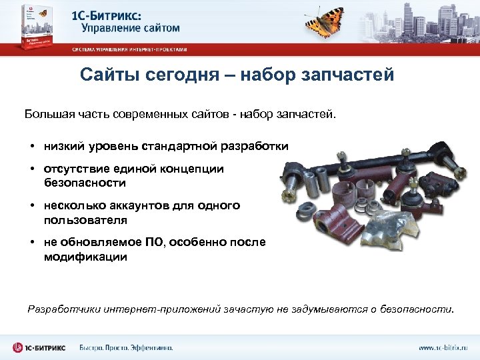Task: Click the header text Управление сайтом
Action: point(131,28)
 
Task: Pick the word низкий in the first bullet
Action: point(65,145)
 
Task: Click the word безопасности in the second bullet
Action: point(85,182)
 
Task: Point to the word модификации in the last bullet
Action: point(85,256)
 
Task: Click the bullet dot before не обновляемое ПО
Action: point(31,243)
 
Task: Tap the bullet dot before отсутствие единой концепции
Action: point(31,169)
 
